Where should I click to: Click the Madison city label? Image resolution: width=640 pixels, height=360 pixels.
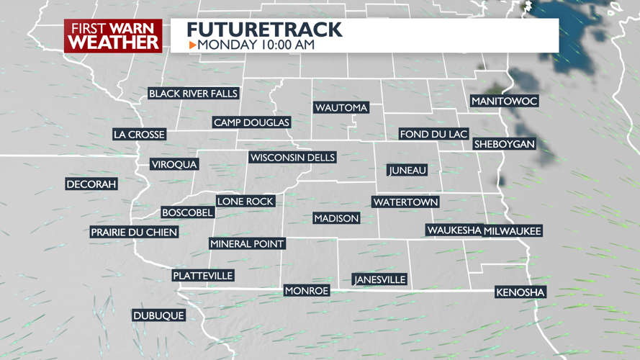336,218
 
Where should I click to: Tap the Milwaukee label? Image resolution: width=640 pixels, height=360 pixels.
513,231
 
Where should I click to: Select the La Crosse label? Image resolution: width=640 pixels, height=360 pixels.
140,135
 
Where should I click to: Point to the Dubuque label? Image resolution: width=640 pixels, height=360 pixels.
158,315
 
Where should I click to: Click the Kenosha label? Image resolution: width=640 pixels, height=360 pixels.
520,292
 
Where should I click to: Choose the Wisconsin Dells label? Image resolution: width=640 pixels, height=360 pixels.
292,158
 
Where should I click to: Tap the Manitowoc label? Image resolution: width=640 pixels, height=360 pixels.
504,102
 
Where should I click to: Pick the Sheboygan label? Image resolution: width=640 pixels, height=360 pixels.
504,145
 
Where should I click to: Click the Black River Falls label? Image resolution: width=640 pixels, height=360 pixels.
193,94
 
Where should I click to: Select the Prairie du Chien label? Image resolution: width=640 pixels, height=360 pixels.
134,233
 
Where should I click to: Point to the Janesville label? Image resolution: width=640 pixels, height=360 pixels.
379,279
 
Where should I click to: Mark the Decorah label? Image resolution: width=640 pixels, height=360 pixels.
91,184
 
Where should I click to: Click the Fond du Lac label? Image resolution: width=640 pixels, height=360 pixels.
434,135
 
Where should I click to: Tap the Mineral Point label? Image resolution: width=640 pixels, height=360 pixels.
247,244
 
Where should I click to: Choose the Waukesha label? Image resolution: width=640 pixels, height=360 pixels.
454,230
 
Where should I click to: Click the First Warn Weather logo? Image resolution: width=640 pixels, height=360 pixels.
113,36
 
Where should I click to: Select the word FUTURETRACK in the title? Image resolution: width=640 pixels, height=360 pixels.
264,30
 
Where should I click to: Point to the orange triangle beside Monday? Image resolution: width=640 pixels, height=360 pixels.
192,45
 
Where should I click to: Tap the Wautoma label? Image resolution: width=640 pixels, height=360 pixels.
341,108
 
